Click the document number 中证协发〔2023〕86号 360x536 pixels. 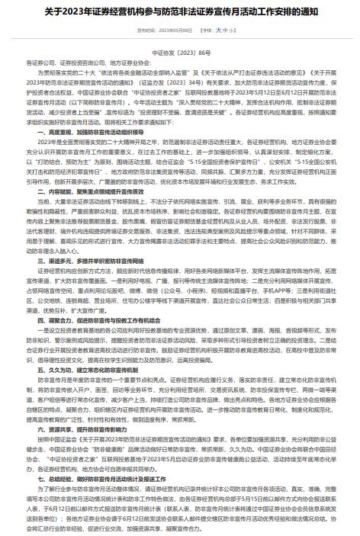point(180,53)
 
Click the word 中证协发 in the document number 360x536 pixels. point(163,53)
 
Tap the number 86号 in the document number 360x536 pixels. point(201,53)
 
